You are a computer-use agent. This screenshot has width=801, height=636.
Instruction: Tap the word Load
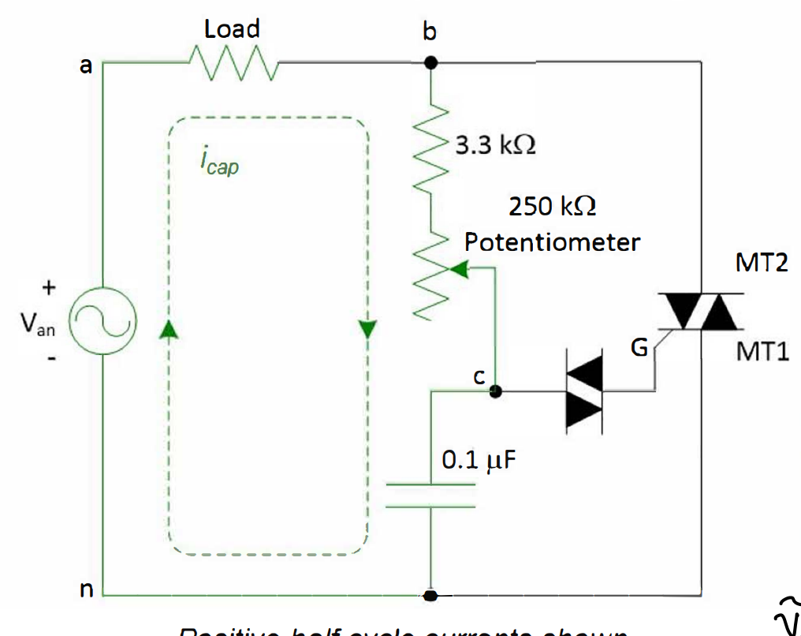coord(232,30)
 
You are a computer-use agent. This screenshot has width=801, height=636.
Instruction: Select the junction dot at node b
coord(430,63)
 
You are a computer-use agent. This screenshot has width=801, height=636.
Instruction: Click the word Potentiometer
coord(552,242)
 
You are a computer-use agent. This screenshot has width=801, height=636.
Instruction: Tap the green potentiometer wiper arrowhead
coord(459,271)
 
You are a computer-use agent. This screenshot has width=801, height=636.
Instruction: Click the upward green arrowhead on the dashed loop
coord(166,330)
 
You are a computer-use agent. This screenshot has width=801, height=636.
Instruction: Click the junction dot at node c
coord(496,391)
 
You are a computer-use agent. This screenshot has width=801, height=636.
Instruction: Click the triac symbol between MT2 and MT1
coord(700,311)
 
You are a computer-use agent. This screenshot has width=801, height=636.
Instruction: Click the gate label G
coord(639,346)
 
